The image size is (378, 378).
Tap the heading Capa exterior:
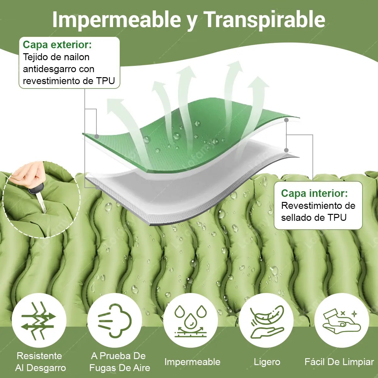coord(57,45)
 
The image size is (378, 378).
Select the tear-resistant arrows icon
coord(39,321)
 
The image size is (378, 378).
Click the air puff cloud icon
coord(115,321)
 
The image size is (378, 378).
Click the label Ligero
coord(267,362)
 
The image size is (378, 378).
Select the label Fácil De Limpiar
coord(339,362)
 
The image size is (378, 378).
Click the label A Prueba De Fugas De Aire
coord(120,362)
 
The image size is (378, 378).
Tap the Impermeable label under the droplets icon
coord(192,362)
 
